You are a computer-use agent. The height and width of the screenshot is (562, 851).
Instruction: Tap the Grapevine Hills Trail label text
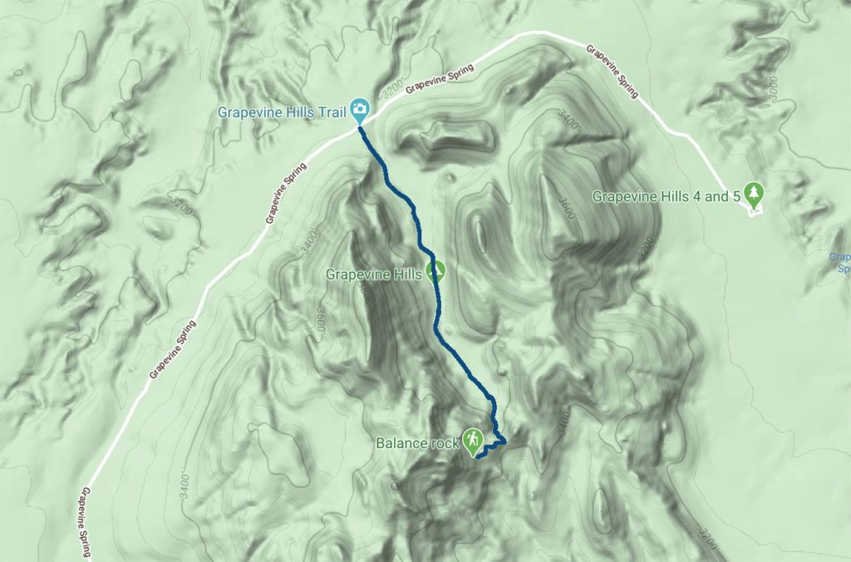[283, 111]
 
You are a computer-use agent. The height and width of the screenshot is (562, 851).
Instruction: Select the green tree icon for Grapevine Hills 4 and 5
[754, 195]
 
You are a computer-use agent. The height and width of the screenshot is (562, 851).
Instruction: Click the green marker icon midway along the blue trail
[435, 270]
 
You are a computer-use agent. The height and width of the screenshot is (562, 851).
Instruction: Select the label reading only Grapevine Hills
[375, 273]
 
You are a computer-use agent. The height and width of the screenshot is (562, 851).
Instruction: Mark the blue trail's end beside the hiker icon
[479, 456]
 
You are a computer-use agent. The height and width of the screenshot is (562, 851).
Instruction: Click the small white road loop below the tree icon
[755, 212]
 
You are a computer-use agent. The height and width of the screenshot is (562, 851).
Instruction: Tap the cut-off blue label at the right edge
[840, 263]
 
